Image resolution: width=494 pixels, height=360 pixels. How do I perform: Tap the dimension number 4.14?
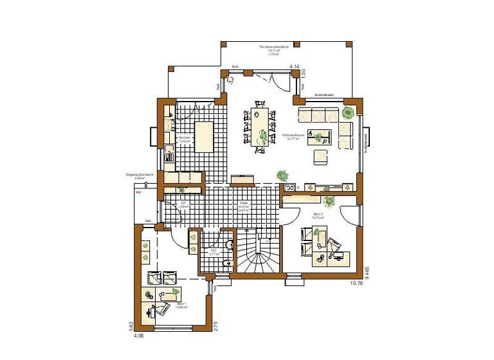295,67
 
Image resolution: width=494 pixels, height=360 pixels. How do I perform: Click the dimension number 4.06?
138,336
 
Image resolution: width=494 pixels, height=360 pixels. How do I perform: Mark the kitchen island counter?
204,136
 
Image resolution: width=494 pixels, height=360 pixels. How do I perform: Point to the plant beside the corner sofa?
348,113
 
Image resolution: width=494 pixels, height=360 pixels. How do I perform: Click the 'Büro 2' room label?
318,217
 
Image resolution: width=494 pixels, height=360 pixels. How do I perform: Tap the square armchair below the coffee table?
320,156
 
